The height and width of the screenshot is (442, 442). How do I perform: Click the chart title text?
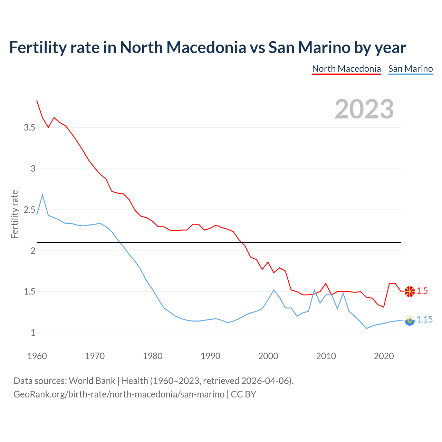click(x=208, y=47)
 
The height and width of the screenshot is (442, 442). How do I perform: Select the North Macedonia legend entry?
click(x=346, y=69)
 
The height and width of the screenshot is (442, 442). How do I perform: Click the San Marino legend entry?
click(x=410, y=69)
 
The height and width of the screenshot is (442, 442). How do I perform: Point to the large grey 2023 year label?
click(x=364, y=109)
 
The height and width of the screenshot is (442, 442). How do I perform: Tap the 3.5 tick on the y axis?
click(x=29, y=128)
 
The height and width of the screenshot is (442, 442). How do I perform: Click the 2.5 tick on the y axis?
click(x=29, y=210)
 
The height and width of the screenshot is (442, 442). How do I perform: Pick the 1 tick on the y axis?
click(x=33, y=333)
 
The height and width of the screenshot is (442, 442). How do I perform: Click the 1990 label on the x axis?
click(x=210, y=356)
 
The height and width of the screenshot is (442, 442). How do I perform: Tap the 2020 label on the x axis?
click(x=384, y=356)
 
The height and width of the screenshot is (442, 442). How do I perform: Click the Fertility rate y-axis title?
click(x=15, y=214)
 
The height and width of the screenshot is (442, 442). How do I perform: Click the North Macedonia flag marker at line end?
click(x=410, y=291)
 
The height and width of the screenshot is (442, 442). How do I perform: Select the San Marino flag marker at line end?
click(x=410, y=320)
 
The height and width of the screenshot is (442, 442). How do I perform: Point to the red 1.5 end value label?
click(x=422, y=291)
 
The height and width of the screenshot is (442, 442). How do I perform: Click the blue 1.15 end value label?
click(x=424, y=320)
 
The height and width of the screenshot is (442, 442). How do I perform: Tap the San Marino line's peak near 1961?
click(x=42, y=195)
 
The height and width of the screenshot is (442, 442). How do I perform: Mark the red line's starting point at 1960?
click(x=37, y=100)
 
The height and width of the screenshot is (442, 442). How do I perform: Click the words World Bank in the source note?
click(x=92, y=381)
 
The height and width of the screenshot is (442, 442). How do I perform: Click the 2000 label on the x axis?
click(x=268, y=356)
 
